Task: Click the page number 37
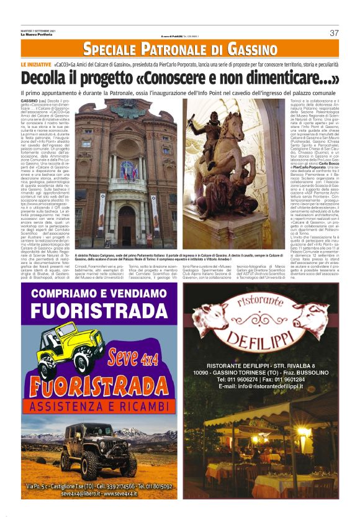[334, 33]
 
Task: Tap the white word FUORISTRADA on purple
[100, 309]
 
